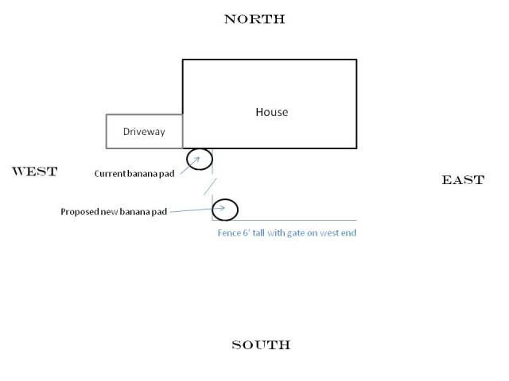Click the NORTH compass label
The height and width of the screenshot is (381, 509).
[254, 19]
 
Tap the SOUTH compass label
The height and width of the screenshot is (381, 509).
[261, 344]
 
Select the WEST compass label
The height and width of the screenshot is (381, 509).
[35, 171]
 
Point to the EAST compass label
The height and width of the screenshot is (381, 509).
[463, 180]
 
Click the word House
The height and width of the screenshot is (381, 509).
[272, 112]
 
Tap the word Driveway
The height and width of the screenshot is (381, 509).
[144, 132]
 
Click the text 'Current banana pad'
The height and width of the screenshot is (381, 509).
[134, 174]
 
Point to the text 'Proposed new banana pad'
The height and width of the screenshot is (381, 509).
[114, 212]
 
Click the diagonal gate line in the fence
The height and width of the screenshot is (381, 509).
[210, 187]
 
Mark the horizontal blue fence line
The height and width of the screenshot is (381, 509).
[285, 221]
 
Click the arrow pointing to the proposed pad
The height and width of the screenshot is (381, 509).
[197, 210]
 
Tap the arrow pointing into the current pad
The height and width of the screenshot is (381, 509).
[190, 166]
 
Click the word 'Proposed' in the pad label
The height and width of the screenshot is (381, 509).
[80, 212]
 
